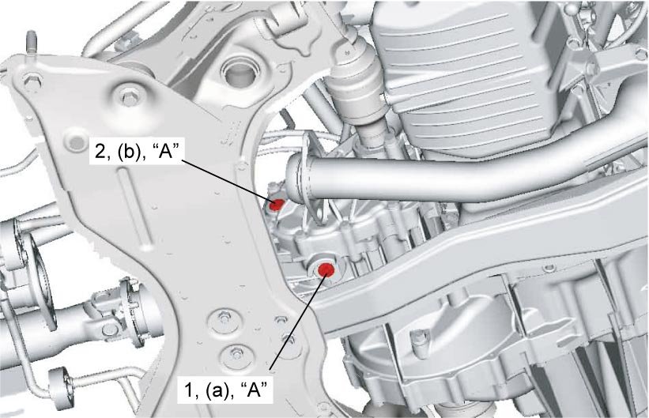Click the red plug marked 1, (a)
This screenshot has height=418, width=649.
coord(326,269)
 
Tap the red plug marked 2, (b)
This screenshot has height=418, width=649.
coord(277,204)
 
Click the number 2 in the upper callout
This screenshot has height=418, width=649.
coord(100,152)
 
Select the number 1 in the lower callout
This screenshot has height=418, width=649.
coord(189,390)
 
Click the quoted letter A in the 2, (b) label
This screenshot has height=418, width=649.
coord(166,152)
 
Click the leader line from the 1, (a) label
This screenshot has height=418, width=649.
coord(296,321)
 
